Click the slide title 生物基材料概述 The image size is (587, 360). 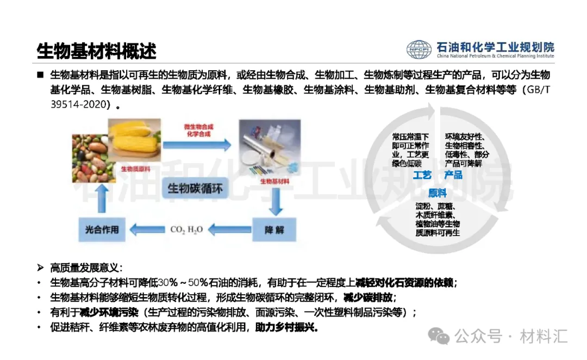pos(97,51)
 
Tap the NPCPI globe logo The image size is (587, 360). pos(419,49)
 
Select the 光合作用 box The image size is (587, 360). pos(102,229)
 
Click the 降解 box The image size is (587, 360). pos(274,229)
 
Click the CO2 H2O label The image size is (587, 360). pos(186,230)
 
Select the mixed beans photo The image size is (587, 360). pos(91,158)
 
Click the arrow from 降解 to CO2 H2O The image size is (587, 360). pos(229,230)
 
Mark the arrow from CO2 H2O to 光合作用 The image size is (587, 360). pos(146,230)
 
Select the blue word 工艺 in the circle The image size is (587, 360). pos(422,175)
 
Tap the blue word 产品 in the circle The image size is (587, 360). pos(453,175)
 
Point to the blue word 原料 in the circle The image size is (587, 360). pos(437,193)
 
